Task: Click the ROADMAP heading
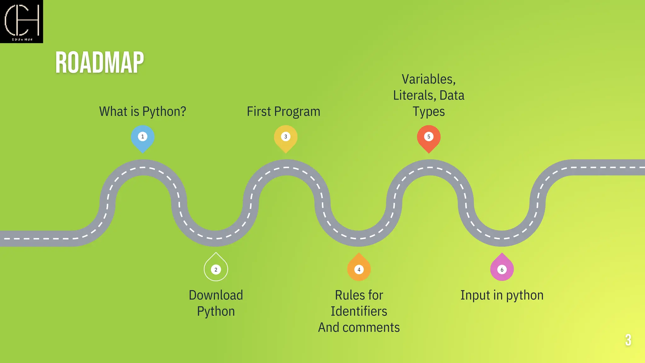[x=100, y=63]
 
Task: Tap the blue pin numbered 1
[x=143, y=137]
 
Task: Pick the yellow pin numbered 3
[x=286, y=137]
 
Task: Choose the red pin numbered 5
[x=429, y=137]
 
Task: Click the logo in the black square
[x=21, y=21]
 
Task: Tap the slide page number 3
[x=628, y=340]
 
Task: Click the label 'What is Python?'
[x=143, y=112]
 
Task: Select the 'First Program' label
[x=283, y=112]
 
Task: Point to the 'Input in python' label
[x=502, y=295]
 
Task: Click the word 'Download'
[x=216, y=295]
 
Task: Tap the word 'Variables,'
[x=429, y=79]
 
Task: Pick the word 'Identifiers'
[x=359, y=311]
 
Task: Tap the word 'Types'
[x=429, y=112]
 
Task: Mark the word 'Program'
[x=297, y=112]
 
